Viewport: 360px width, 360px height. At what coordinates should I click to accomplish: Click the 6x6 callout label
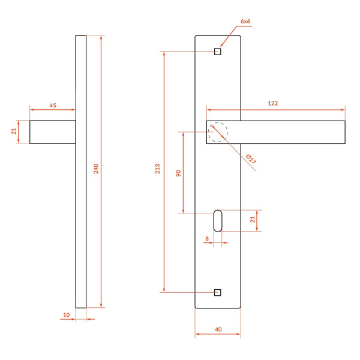[x=245, y=22]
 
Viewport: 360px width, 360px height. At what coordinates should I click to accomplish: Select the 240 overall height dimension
[x=96, y=169]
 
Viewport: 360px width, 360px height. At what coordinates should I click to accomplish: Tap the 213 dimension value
[x=157, y=169]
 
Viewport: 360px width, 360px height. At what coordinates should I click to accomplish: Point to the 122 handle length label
[x=273, y=103]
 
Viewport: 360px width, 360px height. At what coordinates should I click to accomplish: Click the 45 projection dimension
[x=53, y=106]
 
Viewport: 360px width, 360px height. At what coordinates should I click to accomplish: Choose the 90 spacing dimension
[x=178, y=173]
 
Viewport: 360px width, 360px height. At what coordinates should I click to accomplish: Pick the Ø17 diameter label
[x=251, y=159]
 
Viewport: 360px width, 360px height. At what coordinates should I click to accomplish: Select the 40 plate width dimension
[x=218, y=329]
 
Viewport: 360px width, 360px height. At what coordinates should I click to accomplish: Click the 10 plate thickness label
[x=66, y=315]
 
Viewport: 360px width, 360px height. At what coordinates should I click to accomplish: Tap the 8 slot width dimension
[x=207, y=239]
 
